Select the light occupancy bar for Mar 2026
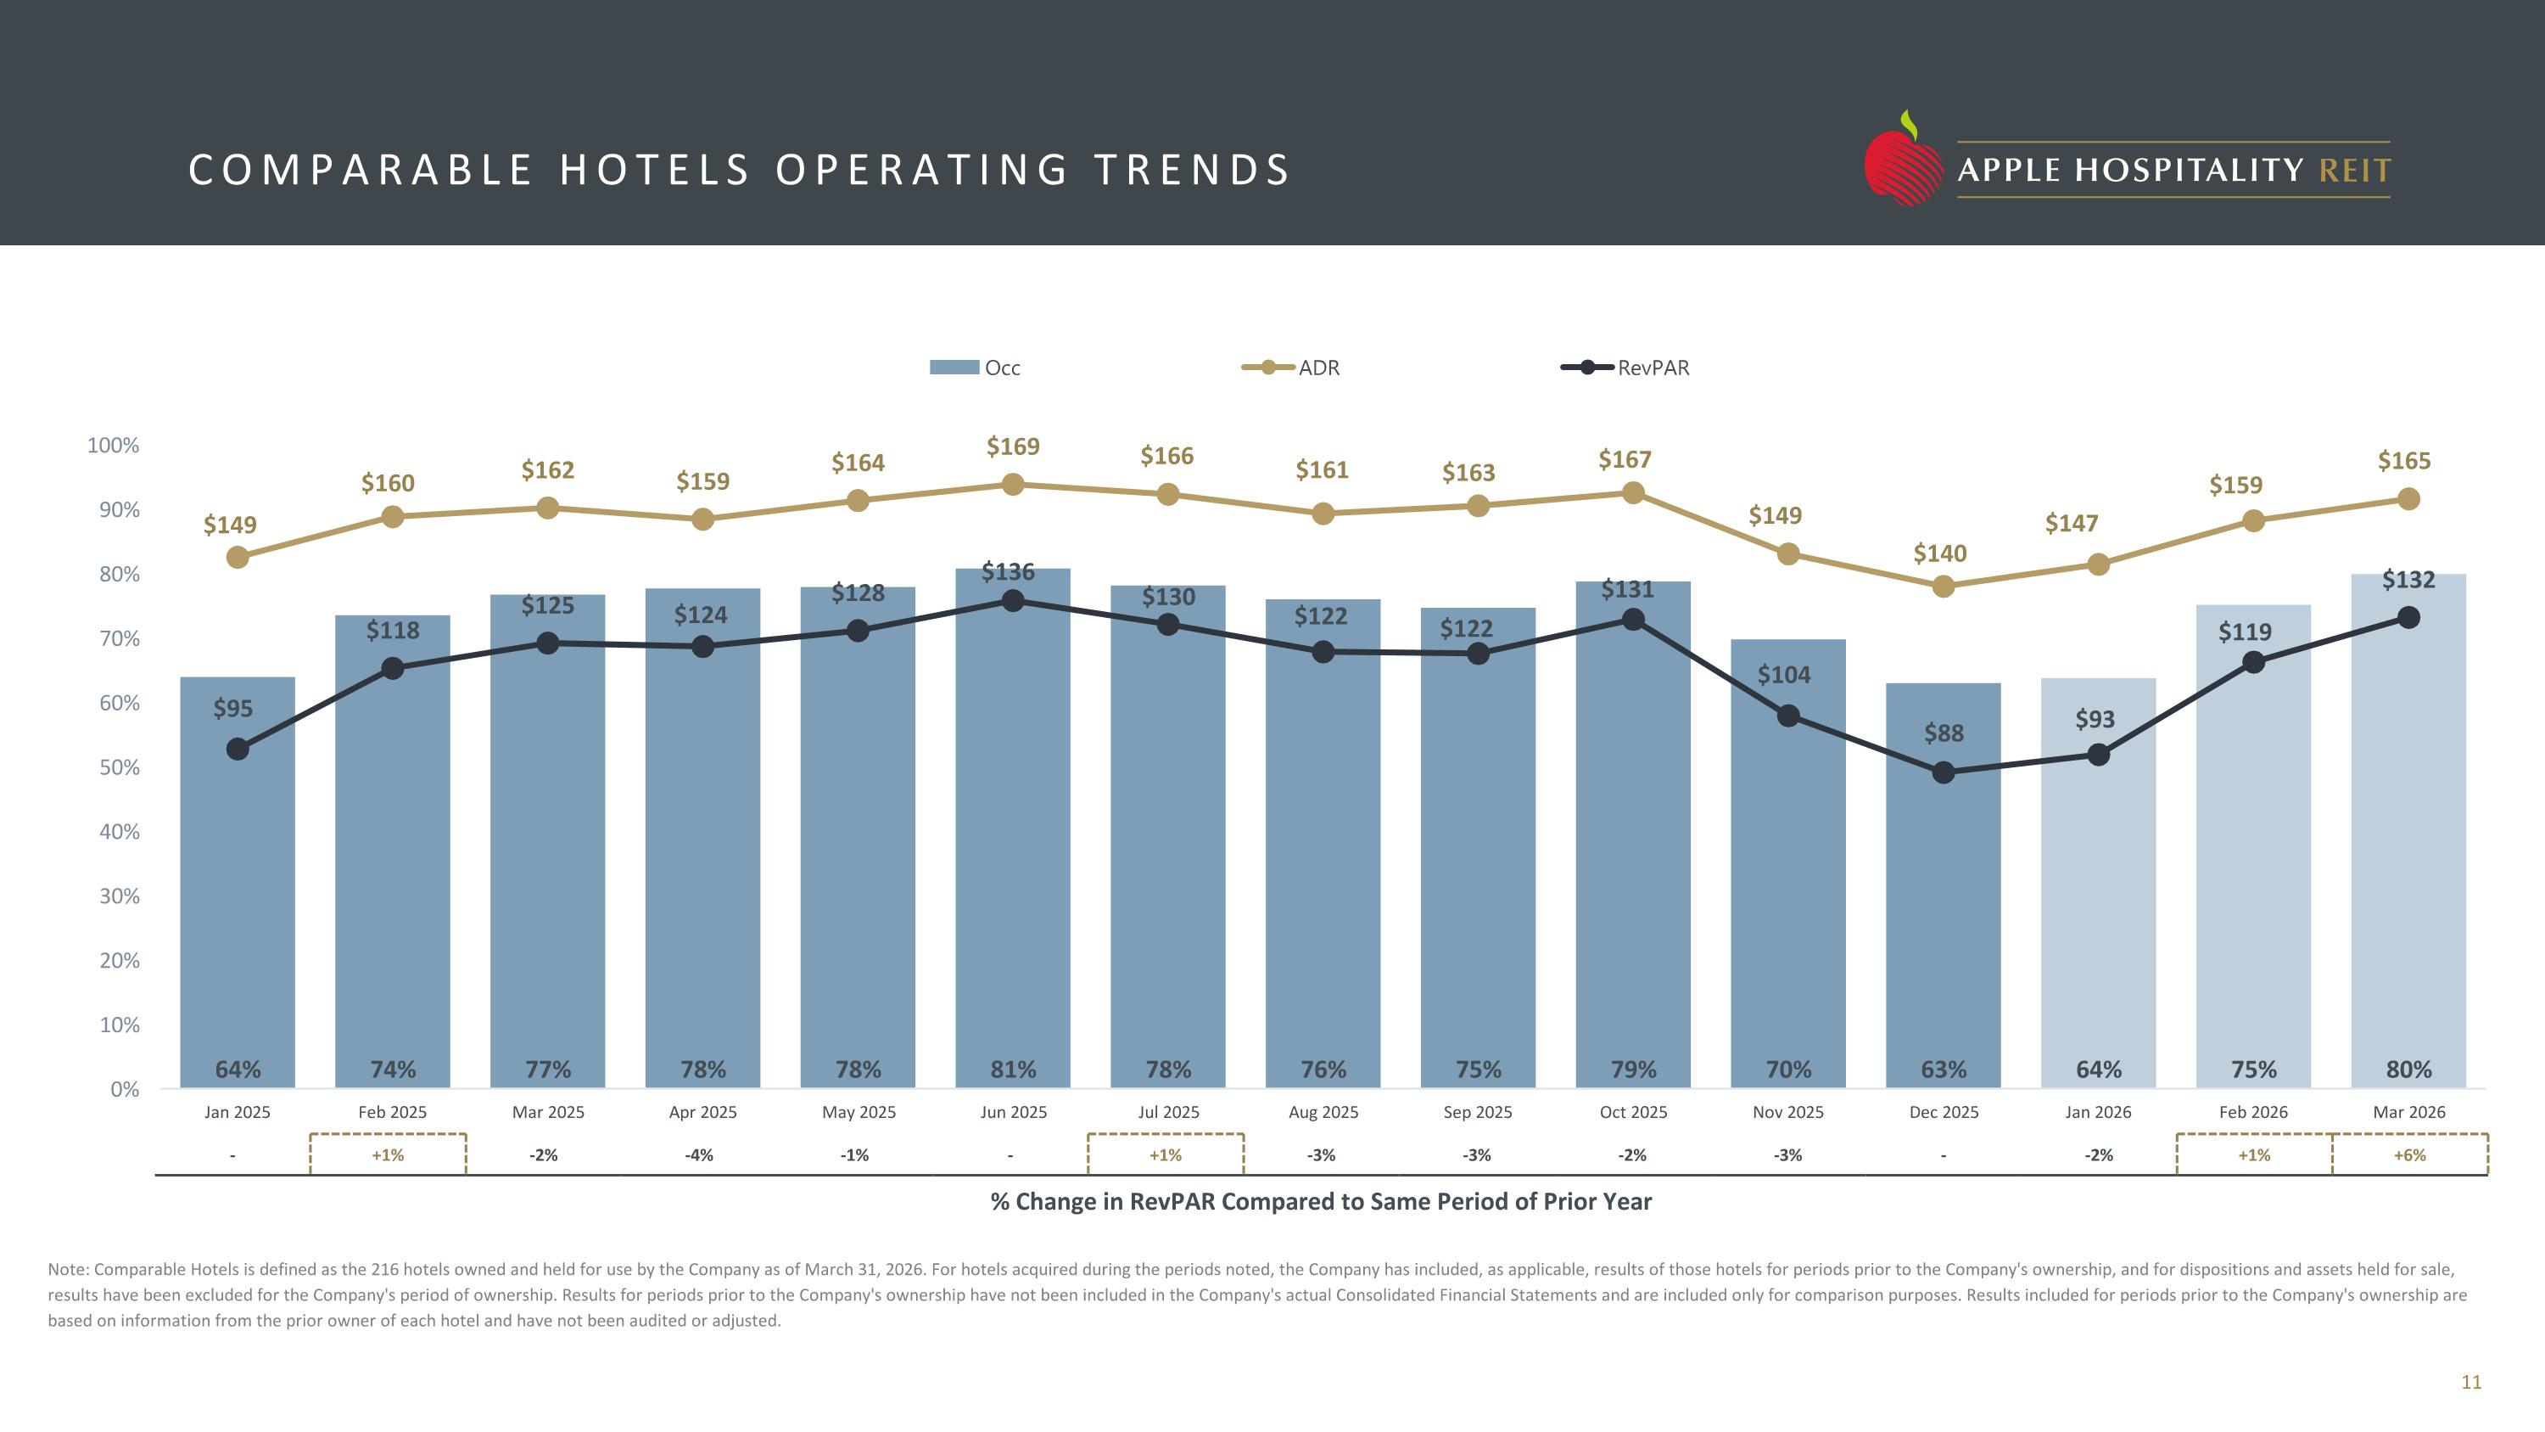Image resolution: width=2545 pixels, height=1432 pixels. tap(2408, 831)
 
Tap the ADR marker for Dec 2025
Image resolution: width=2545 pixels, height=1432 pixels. tap(1944, 586)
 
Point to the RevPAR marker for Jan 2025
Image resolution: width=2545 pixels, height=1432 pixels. tap(238, 750)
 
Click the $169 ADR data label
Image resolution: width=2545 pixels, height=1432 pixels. tap(1013, 446)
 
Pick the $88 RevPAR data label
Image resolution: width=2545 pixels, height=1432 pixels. tap(1944, 733)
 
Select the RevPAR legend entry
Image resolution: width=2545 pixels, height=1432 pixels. tap(1625, 368)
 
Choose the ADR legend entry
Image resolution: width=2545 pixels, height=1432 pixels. tap(1290, 368)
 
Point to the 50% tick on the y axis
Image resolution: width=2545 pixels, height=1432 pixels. tap(120, 768)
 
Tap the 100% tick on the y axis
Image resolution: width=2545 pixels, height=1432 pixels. tap(114, 446)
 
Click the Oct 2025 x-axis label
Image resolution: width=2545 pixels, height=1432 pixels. tap(1633, 1112)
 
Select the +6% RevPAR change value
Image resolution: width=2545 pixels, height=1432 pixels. tap(2409, 1155)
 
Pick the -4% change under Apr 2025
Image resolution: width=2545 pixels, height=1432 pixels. tap(700, 1155)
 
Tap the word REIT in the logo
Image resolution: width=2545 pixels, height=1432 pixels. tap(2355, 171)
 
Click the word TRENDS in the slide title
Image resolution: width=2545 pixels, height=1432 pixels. tap(1192, 170)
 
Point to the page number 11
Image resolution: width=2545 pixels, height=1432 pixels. tap(2471, 1383)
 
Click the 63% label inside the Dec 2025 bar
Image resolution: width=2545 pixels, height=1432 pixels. tap(1944, 1070)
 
